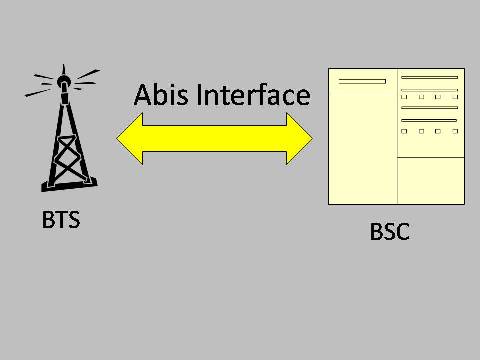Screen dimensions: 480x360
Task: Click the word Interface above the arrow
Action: (x=252, y=96)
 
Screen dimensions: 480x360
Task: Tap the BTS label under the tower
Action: (x=61, y=219)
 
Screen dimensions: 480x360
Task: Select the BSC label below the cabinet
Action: (x=390, y=232)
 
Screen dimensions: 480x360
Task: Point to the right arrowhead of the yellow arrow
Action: (x=301, y=137)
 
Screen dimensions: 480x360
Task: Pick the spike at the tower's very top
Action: (x=63, y=69)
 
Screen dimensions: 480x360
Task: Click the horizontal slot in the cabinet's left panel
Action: (x=362, y=80)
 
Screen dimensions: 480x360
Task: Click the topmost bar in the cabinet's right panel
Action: (x=430, y=77)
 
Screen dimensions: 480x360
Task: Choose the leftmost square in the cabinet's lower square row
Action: (x=404, y=131)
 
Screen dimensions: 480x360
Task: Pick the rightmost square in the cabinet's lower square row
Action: (x=454, y=131)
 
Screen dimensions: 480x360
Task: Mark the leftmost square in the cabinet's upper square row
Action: (x=404, y=97)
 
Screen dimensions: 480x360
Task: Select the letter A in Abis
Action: (x=144, y=96)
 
